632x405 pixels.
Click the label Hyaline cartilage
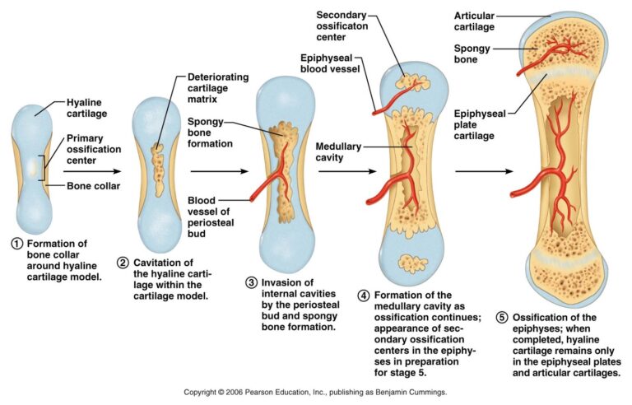(86, 108)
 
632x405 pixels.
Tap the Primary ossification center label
(94, 149)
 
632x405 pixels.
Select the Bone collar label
(94, 186)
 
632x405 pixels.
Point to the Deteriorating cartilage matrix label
(218, 88)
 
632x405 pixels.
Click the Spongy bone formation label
(210, 133)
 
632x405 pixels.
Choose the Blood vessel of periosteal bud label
(211, 217)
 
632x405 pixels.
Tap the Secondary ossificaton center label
(342, 26)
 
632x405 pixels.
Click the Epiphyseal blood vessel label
(330, 63)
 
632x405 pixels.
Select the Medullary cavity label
(338, 152)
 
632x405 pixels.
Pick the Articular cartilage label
(474, 21)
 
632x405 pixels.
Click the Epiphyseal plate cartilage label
(480, 124)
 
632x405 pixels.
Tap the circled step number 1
(17, 244)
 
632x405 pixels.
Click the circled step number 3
(252, 283)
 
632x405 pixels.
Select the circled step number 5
(502, 318)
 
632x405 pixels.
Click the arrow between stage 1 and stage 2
(92, 171)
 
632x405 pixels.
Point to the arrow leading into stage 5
(484, 171)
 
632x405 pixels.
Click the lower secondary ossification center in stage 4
(413, 263)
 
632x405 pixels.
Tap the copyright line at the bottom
(316, 392)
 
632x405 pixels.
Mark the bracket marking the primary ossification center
(41, 168)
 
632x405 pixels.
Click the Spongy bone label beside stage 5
(472, 54)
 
